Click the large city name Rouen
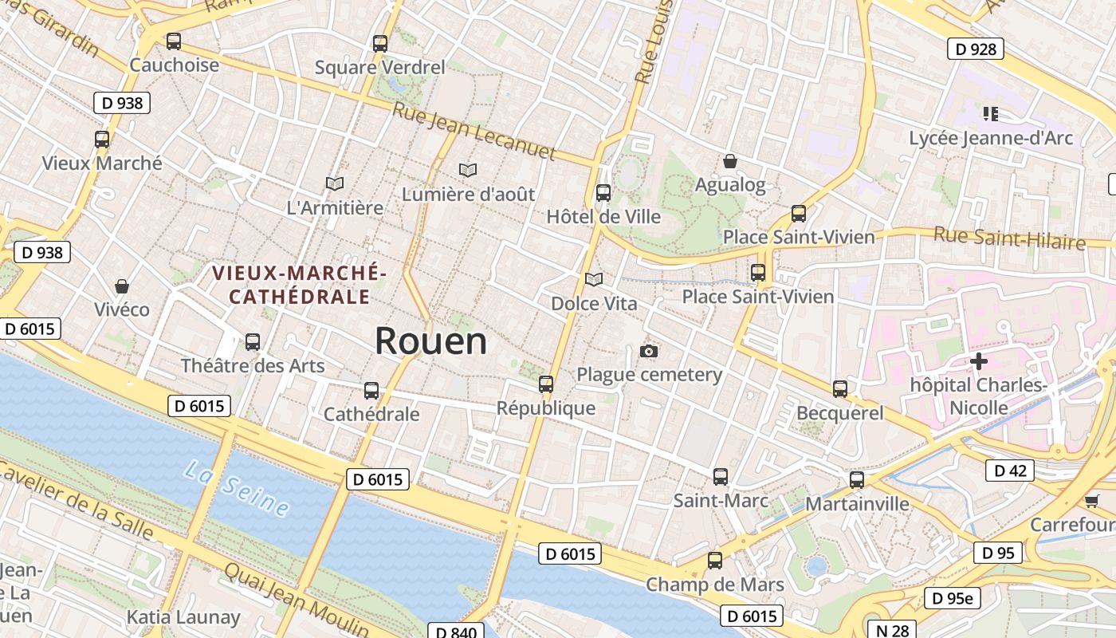click(x=430, y=341)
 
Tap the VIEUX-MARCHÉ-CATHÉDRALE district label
click(x=299, y=286)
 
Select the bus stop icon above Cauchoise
click(x=173, y=41)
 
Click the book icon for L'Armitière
click(x=335, y=184)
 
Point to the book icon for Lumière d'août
click(x=468, y=170)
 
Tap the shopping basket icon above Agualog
click(x=729, y=162)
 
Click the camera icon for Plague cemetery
click(x=649, y=352)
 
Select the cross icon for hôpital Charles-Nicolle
click(x=978, y=361)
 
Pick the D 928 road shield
click(x=975, y=49)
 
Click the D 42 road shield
click(x=1010, y=471)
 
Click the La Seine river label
click(x=236, y=487)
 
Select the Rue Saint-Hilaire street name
click(x=1009, y=238)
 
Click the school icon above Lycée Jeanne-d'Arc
click(x=991, y=114)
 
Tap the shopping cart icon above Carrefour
click(x=1091, y=501)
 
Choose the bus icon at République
click(x=546, y=384)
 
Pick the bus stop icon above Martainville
click(x=857, y=480)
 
